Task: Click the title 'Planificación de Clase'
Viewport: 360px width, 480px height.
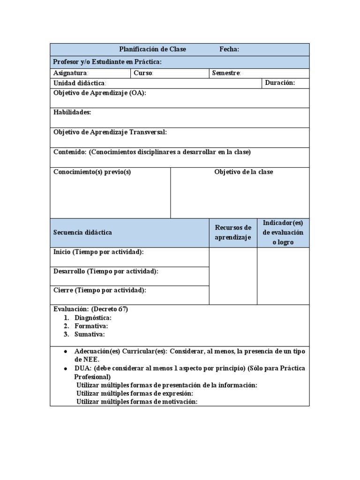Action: coord(152,49)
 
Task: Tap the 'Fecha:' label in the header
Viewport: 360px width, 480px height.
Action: coord(229,49)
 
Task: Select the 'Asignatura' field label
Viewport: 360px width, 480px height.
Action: coord(70,73)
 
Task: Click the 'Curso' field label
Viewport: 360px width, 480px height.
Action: coord(143,73)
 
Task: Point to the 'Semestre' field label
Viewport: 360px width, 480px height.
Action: coord(226,73)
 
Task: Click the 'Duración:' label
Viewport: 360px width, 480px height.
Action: coord(280,83)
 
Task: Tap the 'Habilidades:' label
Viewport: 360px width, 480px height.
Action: coord(72,112)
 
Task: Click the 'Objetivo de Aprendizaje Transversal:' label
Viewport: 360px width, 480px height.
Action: coord(110,132)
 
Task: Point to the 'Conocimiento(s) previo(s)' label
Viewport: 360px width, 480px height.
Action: coord(92,172)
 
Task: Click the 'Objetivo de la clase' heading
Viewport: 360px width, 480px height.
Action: coord(243,172)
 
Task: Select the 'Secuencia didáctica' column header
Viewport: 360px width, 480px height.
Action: coord(82,232)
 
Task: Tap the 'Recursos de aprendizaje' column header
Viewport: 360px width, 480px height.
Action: coord(233,232)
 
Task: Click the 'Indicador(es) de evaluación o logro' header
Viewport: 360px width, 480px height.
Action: coord(283,232)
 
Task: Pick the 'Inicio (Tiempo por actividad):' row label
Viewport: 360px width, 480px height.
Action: coord(98,252)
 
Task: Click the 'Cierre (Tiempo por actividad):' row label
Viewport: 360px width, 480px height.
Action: coord(100,290)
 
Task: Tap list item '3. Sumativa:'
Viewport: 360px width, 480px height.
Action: coord(90,334)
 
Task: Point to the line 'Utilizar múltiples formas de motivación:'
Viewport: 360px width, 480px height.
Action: coord(137,402)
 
